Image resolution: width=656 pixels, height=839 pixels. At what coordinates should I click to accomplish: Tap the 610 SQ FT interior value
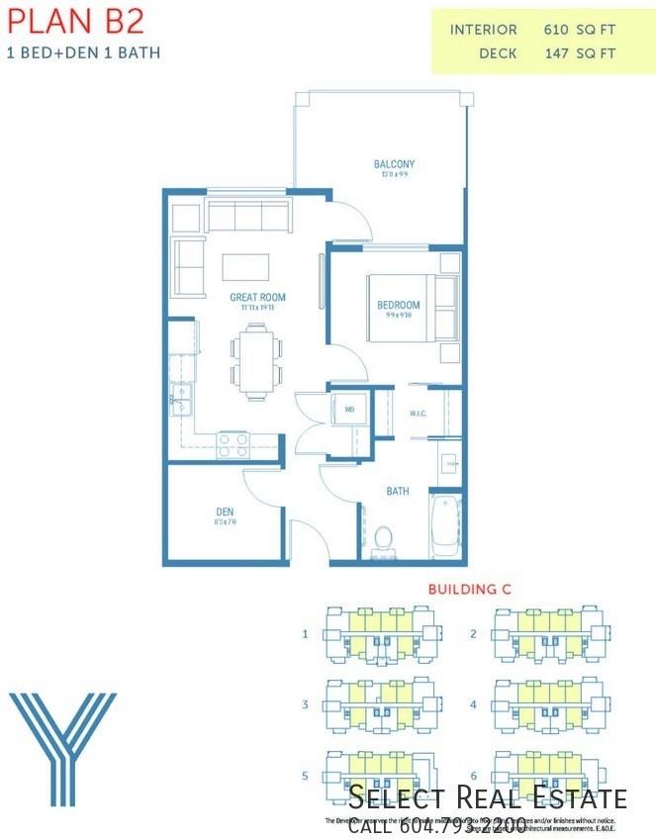click(x=580, y=30)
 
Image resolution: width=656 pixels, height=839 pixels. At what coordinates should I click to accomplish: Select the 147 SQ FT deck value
click(x=580, y=53)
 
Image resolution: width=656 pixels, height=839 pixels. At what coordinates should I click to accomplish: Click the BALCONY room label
click(x=394, y=164)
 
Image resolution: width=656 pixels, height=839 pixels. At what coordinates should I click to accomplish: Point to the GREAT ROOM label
click(x=257, y=297)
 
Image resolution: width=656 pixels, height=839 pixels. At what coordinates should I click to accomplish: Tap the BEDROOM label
click(x=399, y=305)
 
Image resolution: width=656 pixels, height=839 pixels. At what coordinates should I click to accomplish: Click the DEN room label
click(x=225, y=512)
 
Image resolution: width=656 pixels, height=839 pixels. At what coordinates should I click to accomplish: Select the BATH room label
click(x=398, y=491)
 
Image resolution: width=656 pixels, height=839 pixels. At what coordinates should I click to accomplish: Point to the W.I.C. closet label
click(x=418, y=414)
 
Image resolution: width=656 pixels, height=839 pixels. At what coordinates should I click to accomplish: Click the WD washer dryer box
click(x=349, y=408)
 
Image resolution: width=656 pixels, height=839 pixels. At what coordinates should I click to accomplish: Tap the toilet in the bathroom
click(x=383, y=538)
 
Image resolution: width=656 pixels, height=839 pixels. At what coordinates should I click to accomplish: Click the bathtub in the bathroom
click(x=444, y=527)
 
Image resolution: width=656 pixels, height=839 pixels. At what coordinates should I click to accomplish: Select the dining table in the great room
click(x=256, y=361)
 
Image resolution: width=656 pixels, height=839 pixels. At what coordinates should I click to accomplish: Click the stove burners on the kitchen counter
click(x=234, y=444)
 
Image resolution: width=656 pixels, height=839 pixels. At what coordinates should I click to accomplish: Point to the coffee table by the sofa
click(x=246, y=268)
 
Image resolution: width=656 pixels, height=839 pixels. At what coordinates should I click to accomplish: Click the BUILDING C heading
click(x=469, y=589)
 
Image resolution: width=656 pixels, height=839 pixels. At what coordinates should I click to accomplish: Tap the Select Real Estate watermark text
click(x=488, y=798)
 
